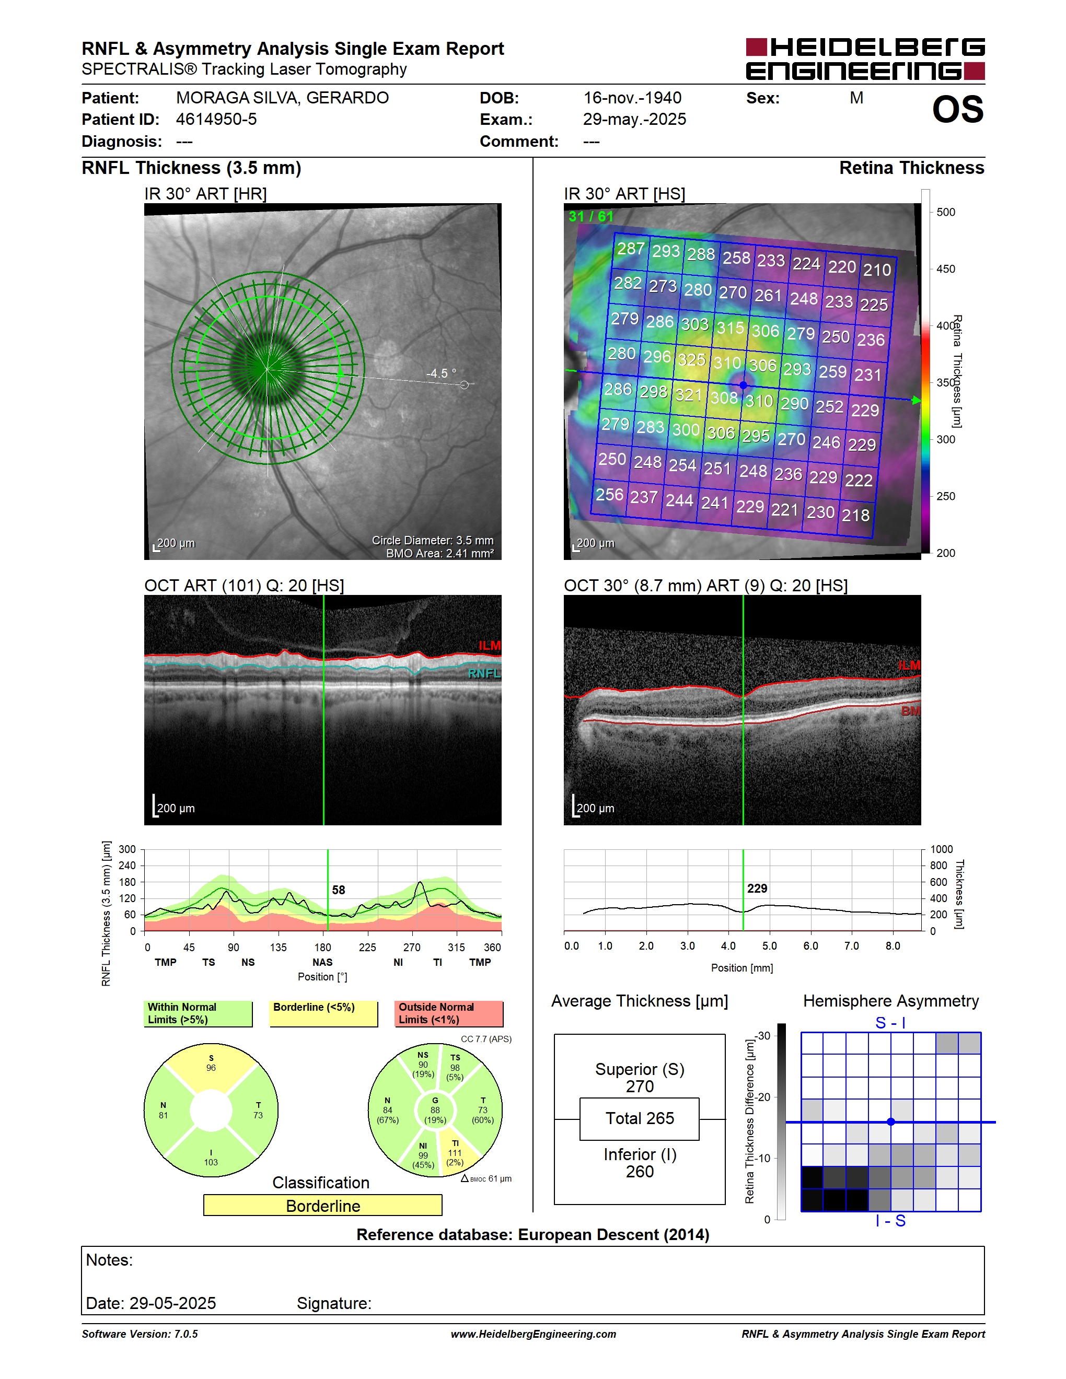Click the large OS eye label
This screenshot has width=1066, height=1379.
pos(957,110)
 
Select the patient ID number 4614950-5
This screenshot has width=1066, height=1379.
pos(216,119)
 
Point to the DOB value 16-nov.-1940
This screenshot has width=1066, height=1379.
pos(632,98)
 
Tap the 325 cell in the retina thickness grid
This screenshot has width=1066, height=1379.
pos(691,359)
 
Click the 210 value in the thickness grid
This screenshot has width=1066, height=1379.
pos(877,270)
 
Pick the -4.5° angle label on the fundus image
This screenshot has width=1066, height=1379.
pos(441,373)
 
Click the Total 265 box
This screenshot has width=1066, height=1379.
pos(639,1118)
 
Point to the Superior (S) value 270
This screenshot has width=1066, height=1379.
pos(640,1086)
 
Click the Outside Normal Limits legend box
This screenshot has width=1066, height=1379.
pos(449,1013)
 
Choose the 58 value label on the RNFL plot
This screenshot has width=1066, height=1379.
pos(339,890)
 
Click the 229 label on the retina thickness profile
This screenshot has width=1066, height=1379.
pos(757,889)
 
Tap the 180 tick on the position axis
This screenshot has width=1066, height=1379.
pos(323,947)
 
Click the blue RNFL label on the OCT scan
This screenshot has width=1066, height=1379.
pos(484,673)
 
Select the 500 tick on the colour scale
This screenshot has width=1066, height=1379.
pos(945,212)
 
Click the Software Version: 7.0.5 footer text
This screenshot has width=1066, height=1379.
pos(140,1334)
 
